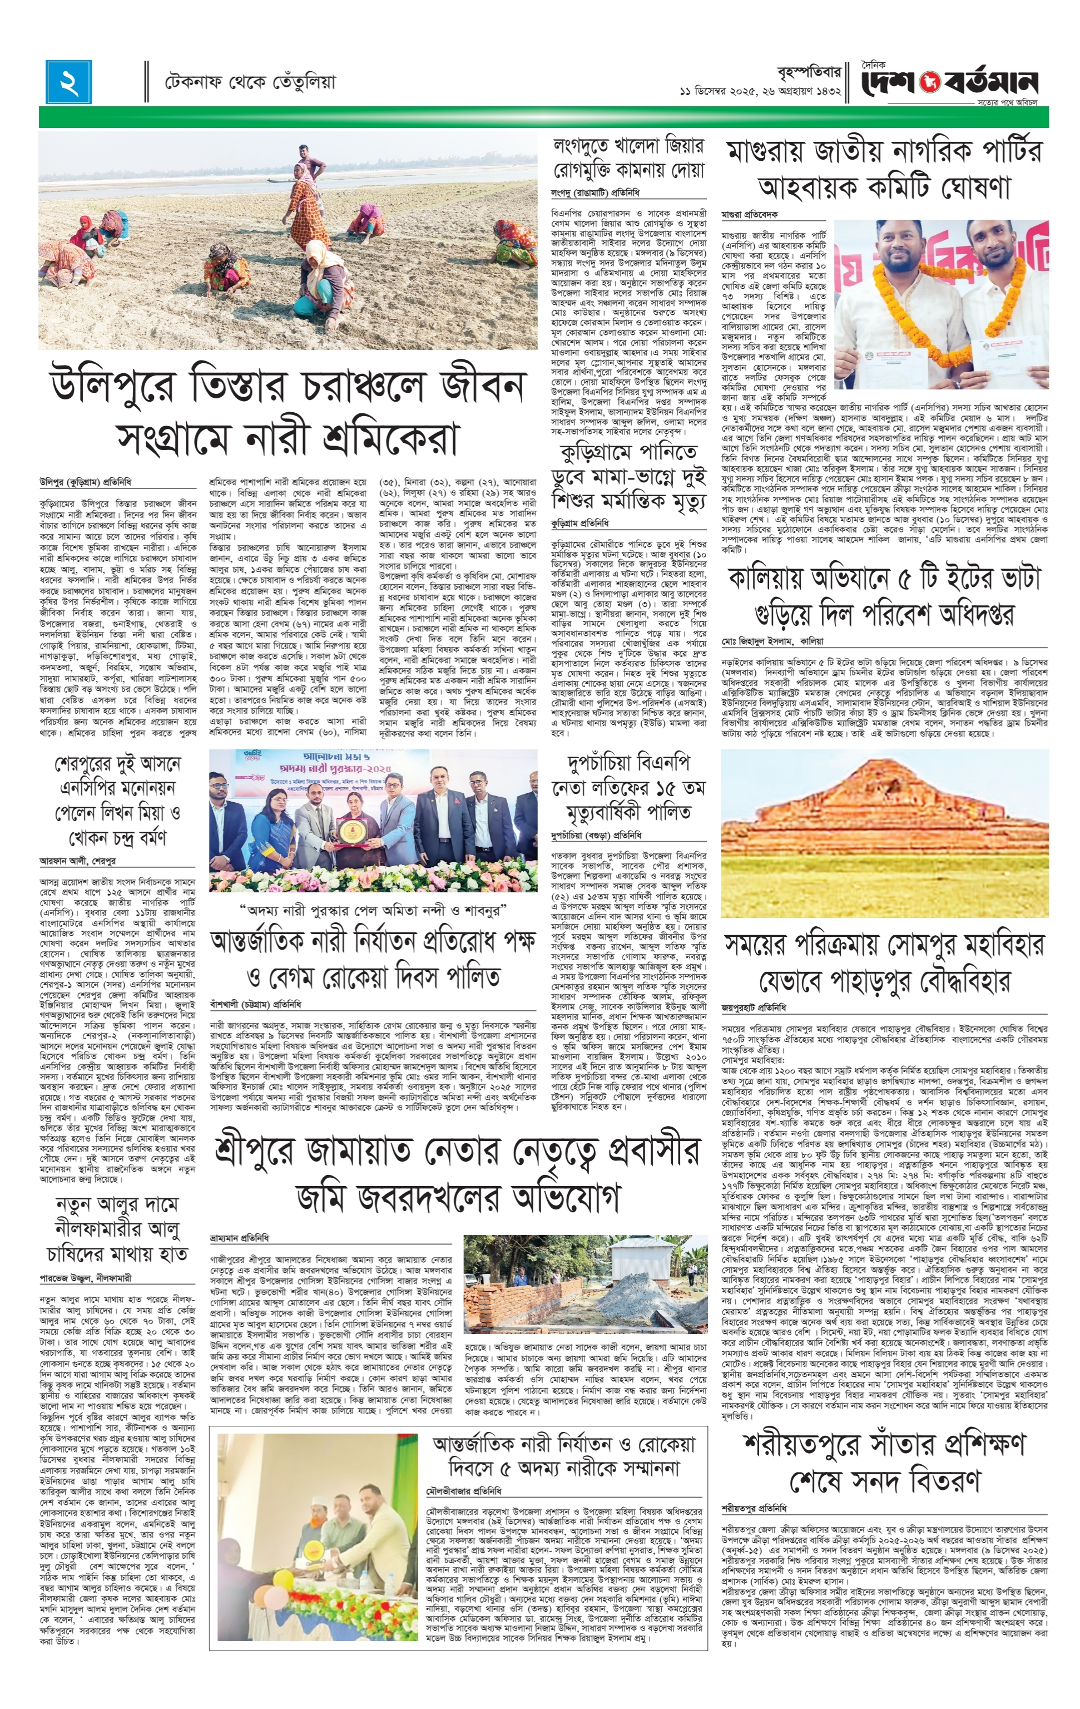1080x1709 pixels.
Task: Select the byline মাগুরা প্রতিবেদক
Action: pyautogui.click(x=749, y=214)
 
